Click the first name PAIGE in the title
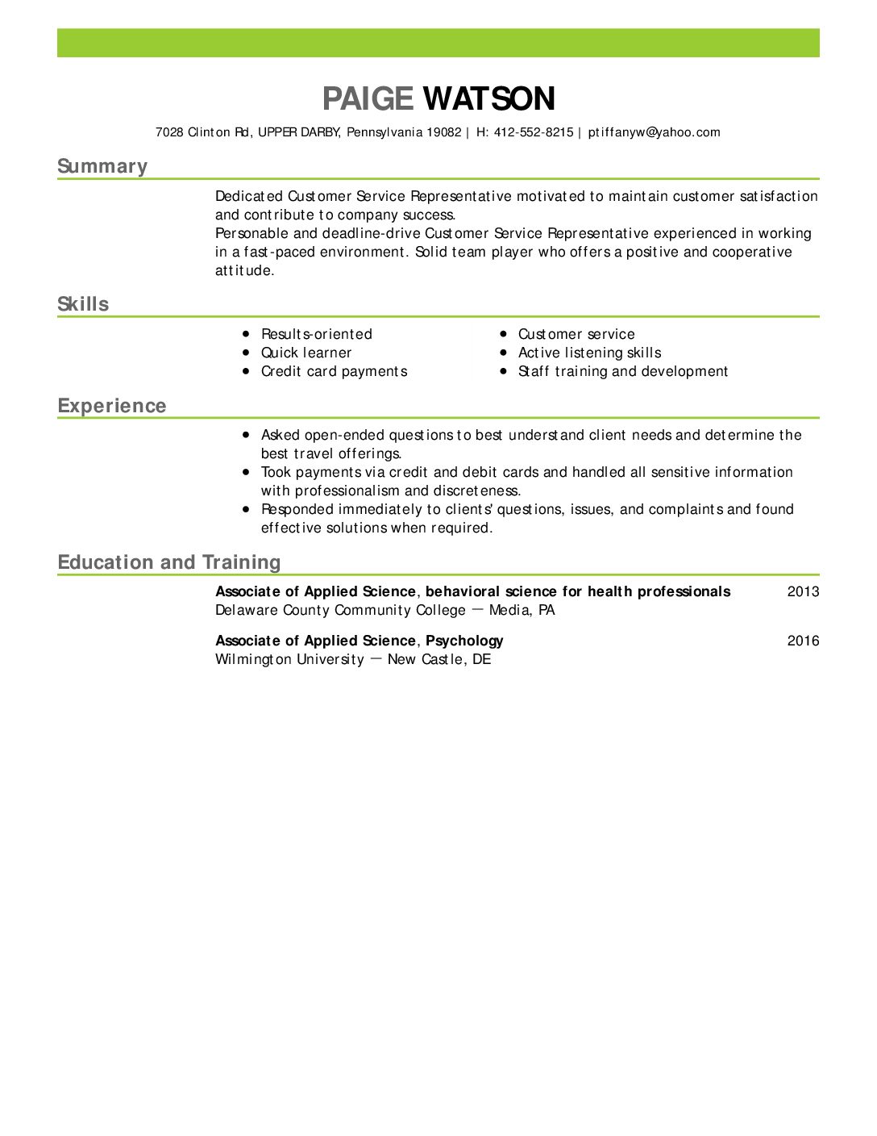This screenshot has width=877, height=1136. [x=368, y=99]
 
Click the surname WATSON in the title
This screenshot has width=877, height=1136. [x=488, y=99]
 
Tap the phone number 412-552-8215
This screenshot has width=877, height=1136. [x=534, y=132]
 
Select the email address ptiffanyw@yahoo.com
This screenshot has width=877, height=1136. [x=654, y=132]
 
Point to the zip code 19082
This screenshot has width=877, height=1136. [x=443, y=132]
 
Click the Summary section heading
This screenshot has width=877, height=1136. [x=102, y=166]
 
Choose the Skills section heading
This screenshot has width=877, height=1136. [x=83, y=304]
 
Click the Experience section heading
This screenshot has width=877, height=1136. [x=112, y=406]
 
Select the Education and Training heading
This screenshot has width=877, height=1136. [x=169, y=562]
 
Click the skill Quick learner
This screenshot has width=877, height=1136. [x=306, y=353]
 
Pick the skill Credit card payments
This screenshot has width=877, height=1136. [x=334, y=371]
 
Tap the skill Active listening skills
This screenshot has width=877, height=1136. [x=589, y=353]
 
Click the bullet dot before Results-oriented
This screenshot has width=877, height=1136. [x=246, y=333]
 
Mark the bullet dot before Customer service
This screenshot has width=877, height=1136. [x=503, y=333]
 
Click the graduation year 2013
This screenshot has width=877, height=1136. [x=803, y=591]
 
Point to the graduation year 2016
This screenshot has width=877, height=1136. [x=803, y=641]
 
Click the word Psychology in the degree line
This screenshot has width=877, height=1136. [x=464, y=641]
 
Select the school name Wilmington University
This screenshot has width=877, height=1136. [x=289, y=659]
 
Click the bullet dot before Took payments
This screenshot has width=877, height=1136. [x=246, y=472]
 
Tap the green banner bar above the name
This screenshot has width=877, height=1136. [x=438, y=43]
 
